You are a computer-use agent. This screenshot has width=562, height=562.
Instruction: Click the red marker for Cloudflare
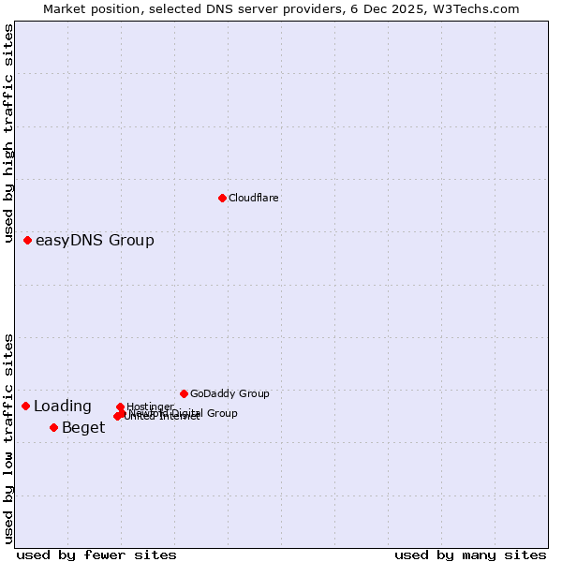click(222, 198)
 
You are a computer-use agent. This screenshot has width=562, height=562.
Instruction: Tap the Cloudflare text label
click(254, 198)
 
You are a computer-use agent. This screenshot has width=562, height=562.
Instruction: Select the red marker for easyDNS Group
click(28, 241)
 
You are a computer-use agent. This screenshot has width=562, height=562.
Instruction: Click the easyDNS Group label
click(95, 241)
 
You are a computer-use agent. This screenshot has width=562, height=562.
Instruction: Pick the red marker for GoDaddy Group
click(184, 393)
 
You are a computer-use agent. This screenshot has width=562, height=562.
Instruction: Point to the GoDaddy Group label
click(229, 393)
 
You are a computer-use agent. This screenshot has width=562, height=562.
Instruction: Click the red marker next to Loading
click(26, 406)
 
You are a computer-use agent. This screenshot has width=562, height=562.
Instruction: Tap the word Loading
click(63, 407)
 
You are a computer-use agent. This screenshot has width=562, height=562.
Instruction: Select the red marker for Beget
click(53, 427)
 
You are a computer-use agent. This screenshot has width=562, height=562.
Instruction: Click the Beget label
click(83, 428)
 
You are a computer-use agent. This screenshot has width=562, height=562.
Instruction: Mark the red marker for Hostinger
click(120, 407)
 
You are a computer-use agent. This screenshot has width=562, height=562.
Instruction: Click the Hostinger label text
click(151, 407)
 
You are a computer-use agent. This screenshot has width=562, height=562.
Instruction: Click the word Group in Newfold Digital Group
click(221, 413)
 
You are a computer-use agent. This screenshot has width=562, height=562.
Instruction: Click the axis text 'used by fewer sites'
click(96, 555)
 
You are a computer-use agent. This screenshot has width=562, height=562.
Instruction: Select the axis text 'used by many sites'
click(470, 555)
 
